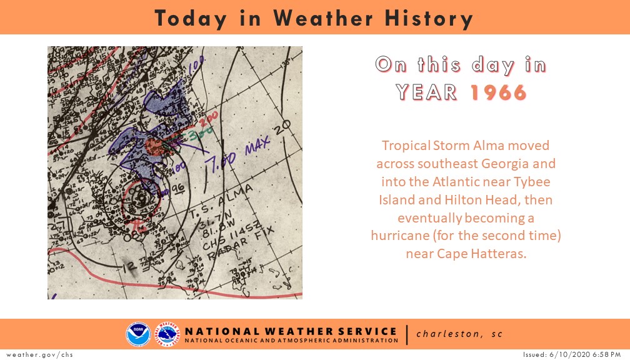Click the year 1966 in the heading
tap(498, 92)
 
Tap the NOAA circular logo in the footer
tap(138, 334)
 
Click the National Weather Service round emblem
tap(167, 334)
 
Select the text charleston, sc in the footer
tap(459, 334)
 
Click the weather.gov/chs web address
tap(37, 354)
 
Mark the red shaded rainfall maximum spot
tap(155, 147)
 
